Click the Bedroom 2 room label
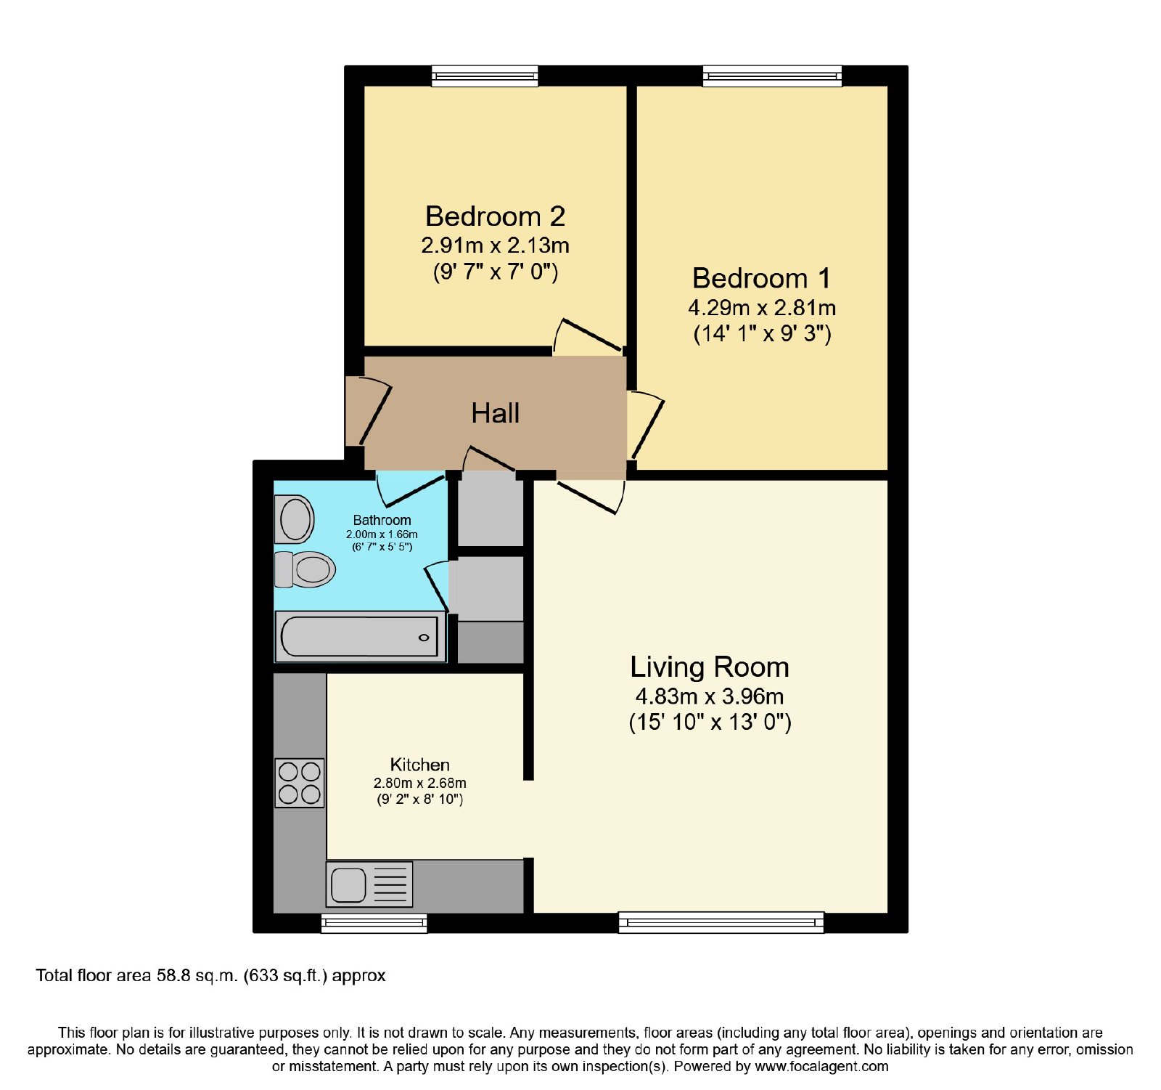point(495,216)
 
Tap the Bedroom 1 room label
point(761,278)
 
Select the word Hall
point(495,413)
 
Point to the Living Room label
point(709,667)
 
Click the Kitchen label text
point(419,765)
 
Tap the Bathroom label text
point(382,520)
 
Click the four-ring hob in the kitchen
point(300,783)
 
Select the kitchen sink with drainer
point(369,884)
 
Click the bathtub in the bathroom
point(360,637)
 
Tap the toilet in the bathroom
point(305,569)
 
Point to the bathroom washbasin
point(294,519)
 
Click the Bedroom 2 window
point(485,76)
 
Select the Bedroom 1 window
point(772,76)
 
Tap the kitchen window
point(374,923)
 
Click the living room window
point(721,922)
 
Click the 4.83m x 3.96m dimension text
point(709,696)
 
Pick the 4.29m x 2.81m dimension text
point(762,308)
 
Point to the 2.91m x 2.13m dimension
point(495,245)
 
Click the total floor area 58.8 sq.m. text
point(210,975)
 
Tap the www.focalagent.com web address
point(821,1067)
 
